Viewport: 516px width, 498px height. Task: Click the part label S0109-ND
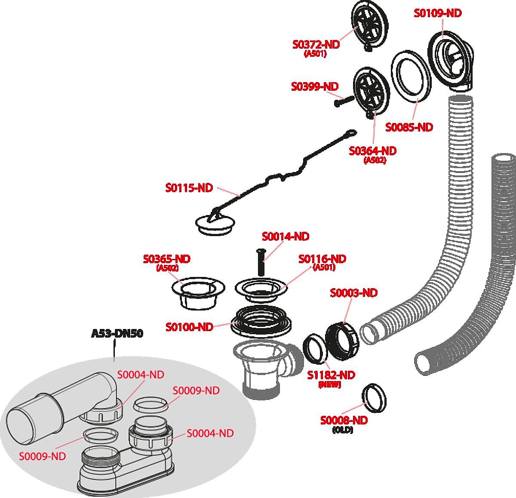pyautogui.click(x=437, y=13)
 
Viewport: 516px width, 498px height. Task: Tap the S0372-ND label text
pyautogui.click(x=316, y=44)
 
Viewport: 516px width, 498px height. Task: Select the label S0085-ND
pyautogui.click(x=409, y=127)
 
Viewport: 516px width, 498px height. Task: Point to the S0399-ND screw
pyautogui.click(x=344, y=101)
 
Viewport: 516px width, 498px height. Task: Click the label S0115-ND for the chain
pyautogui.click(x=189, y=188)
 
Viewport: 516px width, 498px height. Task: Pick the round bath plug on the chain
pyautogui.click(x=216, y=224)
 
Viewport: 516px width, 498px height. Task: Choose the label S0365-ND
pyautogui.click(x=166, y=259)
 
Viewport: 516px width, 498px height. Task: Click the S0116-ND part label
pyautogui.click(x=322, y=259)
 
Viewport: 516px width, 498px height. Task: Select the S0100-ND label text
pyautogui.click(x=189, y=327)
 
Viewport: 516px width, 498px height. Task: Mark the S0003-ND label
pyautogui.click(x=353, y=293)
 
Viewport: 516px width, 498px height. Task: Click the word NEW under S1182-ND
pyautogui.click(x=330, y=385)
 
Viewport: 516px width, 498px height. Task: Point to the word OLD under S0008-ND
pyautogui.click(x=343, y=430)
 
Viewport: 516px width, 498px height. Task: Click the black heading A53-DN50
pyautogui.click(x=117, y=333)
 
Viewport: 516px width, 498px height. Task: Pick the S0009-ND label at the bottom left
pyautogui.click(x=42, y=456)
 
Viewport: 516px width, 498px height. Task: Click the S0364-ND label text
pyautogui.click(x=372, y=151)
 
